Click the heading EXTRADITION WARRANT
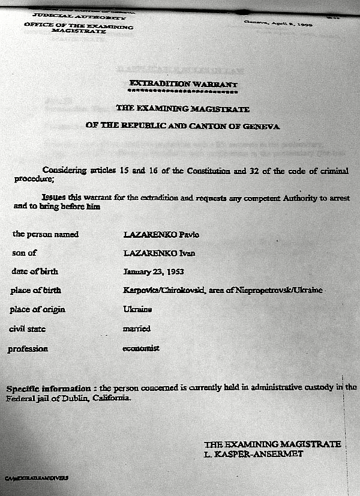[x=184, y=84]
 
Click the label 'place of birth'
[x=35, y=291]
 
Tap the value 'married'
[x=137, y=328]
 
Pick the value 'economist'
[x=142, y=348]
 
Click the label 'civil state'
[x=27, y=329]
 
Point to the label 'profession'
[x=28, y=348]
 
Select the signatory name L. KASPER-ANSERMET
[x=253, y=455]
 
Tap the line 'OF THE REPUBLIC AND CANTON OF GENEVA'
[x=182, y=126]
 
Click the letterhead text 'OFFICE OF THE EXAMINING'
[x=79, y=25]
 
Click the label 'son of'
[x=24, y=253]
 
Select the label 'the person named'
[x=45, y=234]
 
